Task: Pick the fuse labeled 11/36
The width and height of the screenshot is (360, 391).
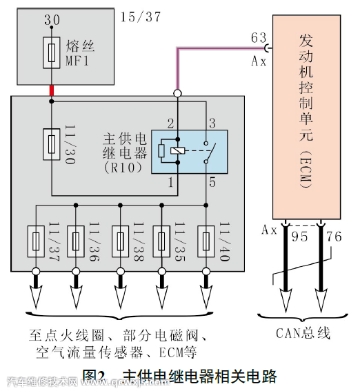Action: (77, 241)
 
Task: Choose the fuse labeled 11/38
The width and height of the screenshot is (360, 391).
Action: (119, 241)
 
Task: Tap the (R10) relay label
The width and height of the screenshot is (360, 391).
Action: (122, 168)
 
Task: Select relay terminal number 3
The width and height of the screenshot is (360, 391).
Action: (213, 124)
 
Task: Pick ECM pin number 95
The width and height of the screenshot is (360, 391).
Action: (299, 237)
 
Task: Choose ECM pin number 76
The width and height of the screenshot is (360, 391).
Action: (333, 237)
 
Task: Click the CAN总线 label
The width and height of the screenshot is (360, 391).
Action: (303, 334)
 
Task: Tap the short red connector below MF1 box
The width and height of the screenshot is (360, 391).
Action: (51, 90)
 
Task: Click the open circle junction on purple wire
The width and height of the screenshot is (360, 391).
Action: (177, 93)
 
